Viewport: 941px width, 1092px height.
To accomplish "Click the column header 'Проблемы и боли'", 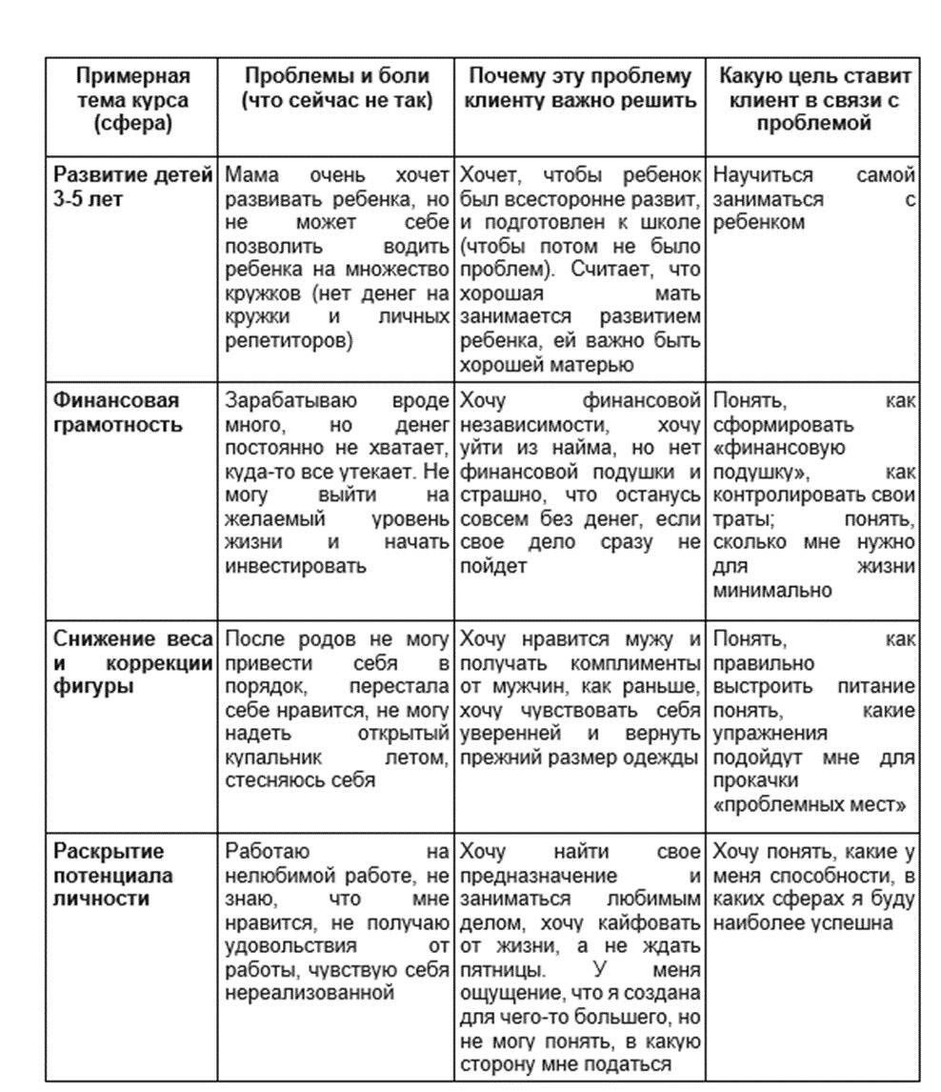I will (x=336, y=87).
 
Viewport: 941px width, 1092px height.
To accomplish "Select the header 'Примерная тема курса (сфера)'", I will (x=132, y=99).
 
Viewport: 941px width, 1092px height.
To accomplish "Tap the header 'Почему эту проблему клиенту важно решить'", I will (x=580, y=87).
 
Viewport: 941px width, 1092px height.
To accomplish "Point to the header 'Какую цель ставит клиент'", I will (x=814, y=99).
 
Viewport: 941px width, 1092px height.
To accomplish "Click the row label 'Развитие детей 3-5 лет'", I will (x=131, y=187).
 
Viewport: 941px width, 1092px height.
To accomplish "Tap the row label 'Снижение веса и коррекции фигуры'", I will (x=131, y=661).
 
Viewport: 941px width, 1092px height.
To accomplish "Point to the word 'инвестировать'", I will (x=295, y=566).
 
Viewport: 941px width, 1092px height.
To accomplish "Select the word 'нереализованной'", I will (x=310, y=992).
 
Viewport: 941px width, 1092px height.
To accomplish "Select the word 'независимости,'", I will (x=531, y=424).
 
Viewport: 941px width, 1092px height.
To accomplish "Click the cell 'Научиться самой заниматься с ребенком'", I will (x=813, y=199).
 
